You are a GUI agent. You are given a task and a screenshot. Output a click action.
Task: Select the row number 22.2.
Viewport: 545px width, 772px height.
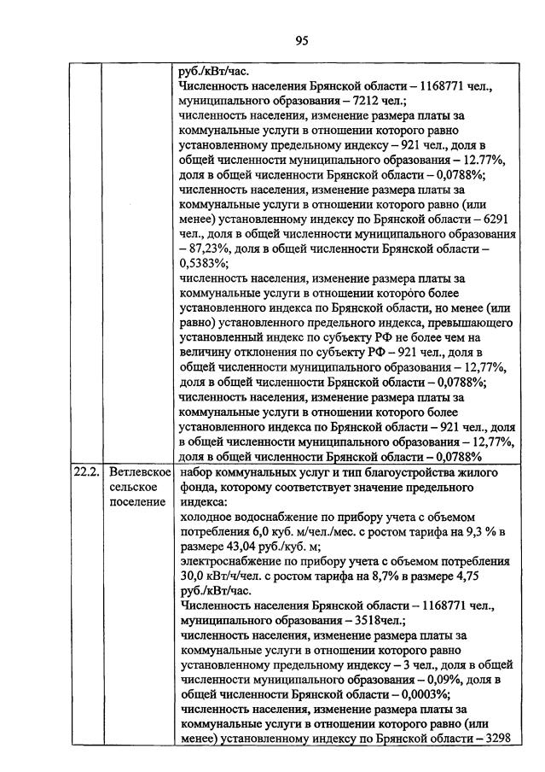[x=86, y=471]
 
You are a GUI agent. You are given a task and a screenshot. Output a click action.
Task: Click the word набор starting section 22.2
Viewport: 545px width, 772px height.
[x=199, y=471]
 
